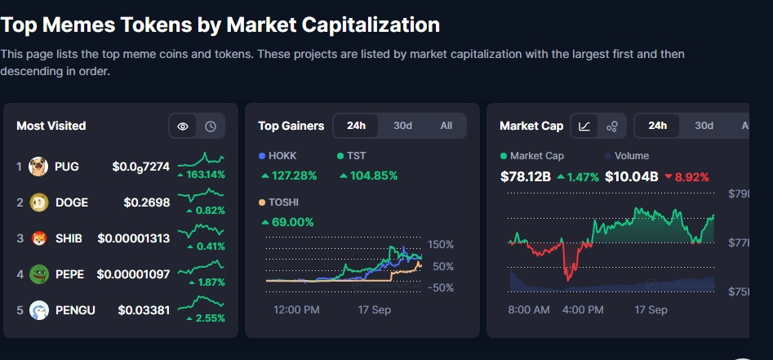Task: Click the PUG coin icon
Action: (x=38, y=167)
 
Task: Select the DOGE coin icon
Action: (x=38, y=202)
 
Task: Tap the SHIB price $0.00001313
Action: (x=134, y=238)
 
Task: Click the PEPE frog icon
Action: (x=38, y=274)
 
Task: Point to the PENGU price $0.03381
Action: (x=144, y=310)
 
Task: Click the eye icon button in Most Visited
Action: (x=183, y=126)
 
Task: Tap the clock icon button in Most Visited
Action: (x=210, y=126)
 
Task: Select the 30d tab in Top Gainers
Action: (x=402, y=126)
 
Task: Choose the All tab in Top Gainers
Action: (x=446, y=126)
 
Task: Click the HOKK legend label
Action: (x=282, y=155)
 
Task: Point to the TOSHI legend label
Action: (x=285, y=202)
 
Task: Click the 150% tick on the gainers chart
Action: (x=442, y=245)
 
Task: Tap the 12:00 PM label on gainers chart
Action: (x=295, y=309)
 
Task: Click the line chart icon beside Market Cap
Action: (x=585, y=126)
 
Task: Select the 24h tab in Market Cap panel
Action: (x=657, y=126)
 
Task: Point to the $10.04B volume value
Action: (x=631, y=176)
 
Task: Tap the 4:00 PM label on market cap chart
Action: (x=583, y=309)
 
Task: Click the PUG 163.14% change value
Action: (x=205, y=175)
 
